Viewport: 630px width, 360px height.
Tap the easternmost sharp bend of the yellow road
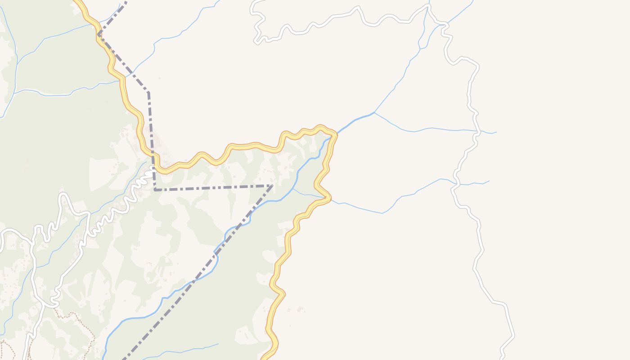(335, 134)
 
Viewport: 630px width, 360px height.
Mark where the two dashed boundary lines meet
(272, 185)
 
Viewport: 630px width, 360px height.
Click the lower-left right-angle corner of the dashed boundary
(155, 190)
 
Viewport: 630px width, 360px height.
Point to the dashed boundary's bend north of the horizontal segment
(148, 93)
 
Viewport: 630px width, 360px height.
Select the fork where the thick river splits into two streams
(374, 112)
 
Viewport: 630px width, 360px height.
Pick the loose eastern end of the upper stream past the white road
(496, 132)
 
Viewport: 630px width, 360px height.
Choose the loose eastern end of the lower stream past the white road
(489, 181)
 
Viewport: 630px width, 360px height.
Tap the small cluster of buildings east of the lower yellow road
(300, 309)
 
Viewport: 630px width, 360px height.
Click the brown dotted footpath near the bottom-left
(67, 315)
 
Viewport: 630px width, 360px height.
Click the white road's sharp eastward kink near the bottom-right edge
(513, 335)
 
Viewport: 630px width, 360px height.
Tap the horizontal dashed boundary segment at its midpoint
(213, 188)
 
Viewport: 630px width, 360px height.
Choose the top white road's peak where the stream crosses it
(428, 6)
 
